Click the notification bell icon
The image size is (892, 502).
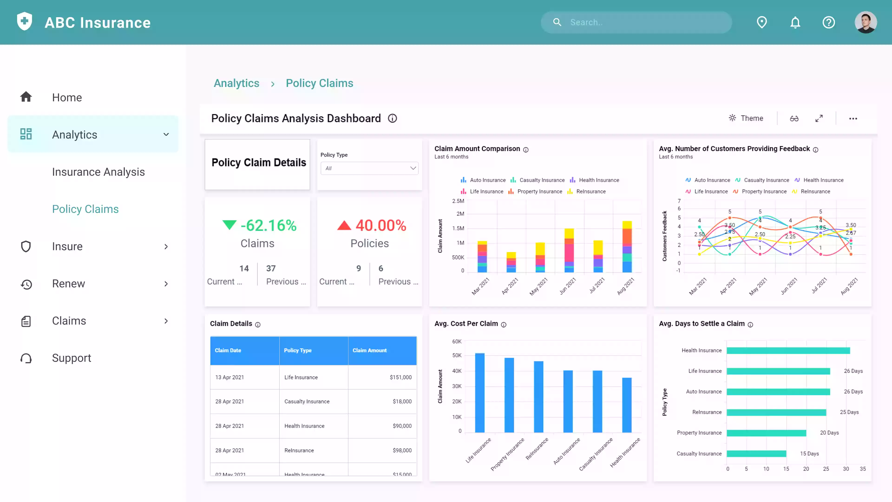click(795, 23)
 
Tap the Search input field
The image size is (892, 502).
click(644, 23)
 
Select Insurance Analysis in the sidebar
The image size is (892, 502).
click(98, 172)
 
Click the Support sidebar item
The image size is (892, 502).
click(71, 358)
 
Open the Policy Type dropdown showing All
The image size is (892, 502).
click(369, 168)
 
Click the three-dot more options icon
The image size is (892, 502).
click(853, 119)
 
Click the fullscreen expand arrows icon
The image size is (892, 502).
click(819, 119)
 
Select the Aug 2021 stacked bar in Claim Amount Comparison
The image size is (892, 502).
click(627, 247)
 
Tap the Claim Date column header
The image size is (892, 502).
click(228, 350)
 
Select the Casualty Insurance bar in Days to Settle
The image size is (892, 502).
click(756, 453)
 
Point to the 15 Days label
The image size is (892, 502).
click(809, 453)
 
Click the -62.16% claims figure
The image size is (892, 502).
click(268, 225)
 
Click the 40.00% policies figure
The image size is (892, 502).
click(380, 225)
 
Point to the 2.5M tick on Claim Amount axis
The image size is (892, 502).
click(458, 201)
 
